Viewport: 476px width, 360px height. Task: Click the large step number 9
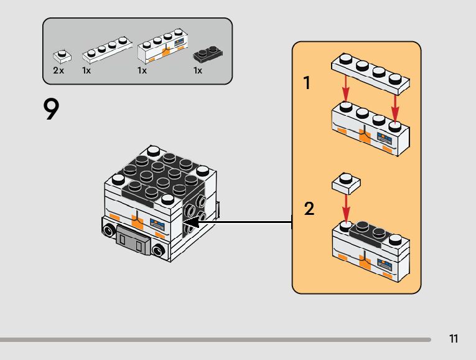coord(52,110)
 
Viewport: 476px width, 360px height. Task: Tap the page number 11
coord(453,339)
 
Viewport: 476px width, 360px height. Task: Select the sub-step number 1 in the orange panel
coord(307,83)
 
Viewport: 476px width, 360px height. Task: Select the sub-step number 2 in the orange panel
coord(309,209)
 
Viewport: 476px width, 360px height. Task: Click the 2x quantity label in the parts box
coord(58,71)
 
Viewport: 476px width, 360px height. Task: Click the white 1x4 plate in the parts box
coord(107,50)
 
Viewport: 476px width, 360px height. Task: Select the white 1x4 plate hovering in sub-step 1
coord(371,71)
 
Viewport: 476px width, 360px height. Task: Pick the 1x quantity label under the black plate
coord(198,71)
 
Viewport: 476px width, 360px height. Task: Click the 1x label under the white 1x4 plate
coord(86,71)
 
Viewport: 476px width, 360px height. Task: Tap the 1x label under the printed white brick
coord(142,71)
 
